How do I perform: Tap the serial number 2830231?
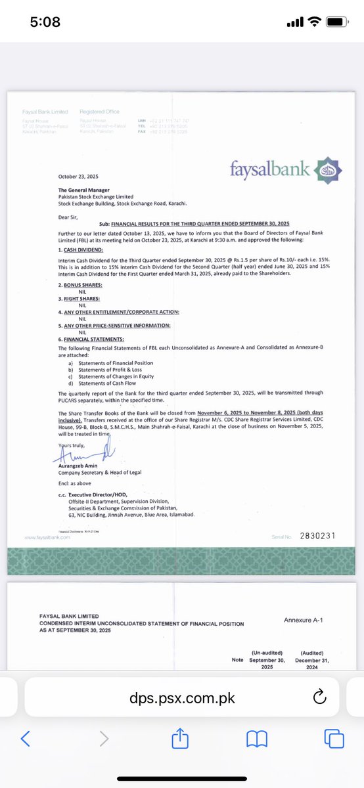pyautogui.click(x=317, y=536)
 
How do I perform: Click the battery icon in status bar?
pyautogui.click(x=336, y=23)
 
